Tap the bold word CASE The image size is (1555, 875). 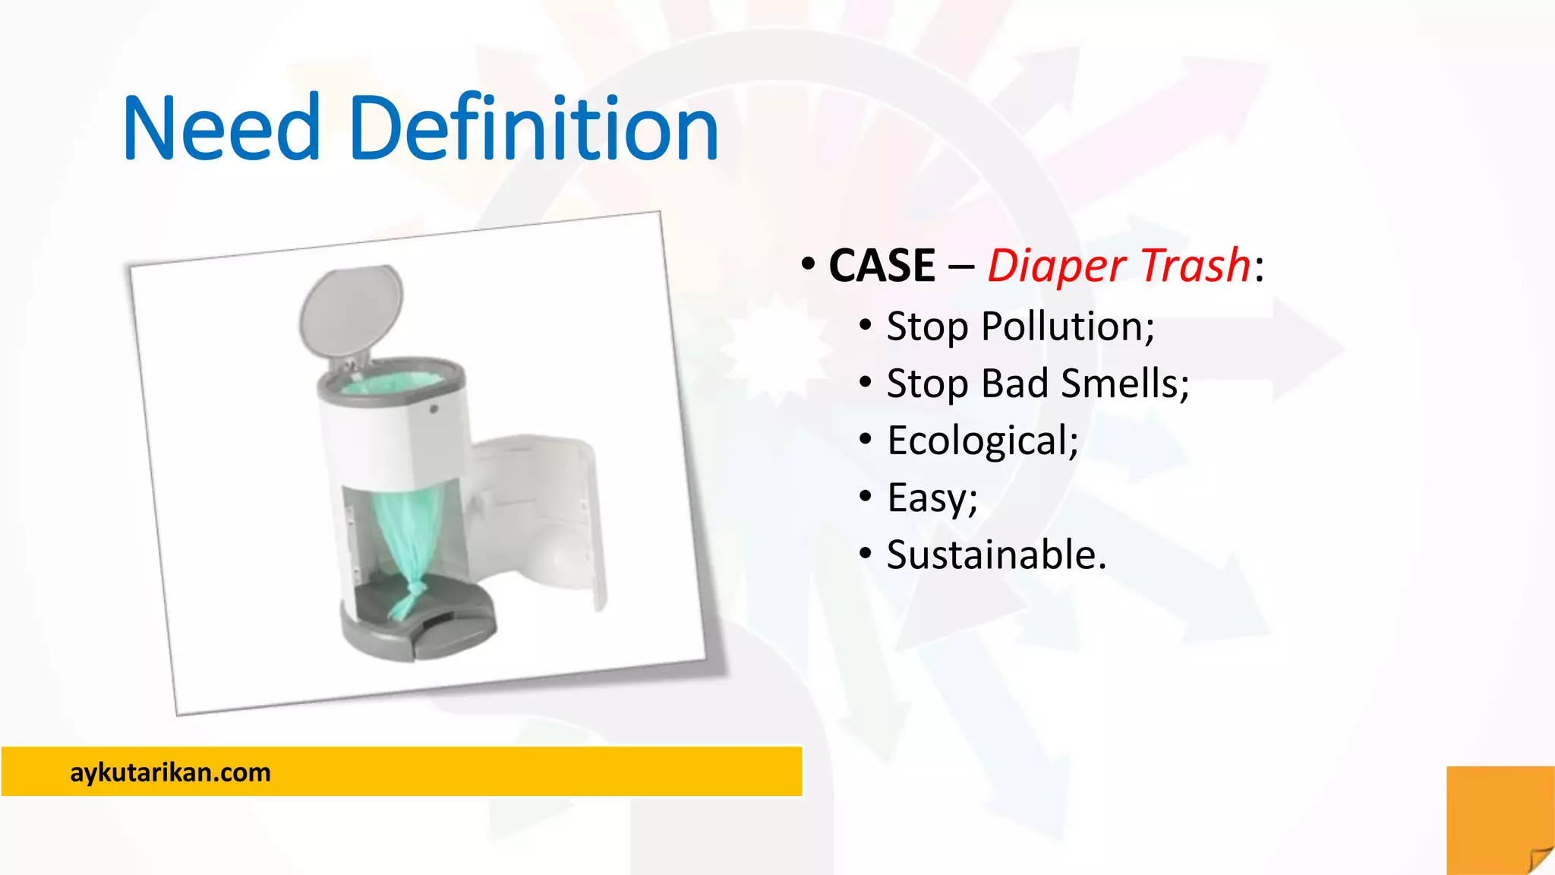882,266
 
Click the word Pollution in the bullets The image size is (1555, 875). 1067,327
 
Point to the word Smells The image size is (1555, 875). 1124,384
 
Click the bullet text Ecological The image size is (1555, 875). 982,441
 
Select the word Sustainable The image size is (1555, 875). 995,555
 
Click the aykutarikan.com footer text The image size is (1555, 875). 170,772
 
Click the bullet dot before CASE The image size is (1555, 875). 808,265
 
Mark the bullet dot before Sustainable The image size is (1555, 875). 866,554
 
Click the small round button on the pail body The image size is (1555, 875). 434,409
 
